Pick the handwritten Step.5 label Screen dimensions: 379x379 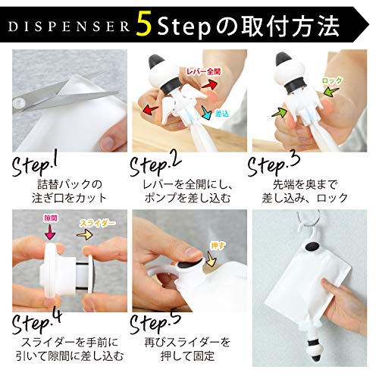tap(155, 322)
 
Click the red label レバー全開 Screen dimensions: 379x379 tap(203, 72)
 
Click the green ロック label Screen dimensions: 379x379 tap(332, 81)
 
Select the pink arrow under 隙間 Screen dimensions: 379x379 tap(50, 232)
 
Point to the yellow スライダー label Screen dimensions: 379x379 tap(98, 223)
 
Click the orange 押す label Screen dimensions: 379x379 tap(217, 246)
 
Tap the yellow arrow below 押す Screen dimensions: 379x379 tap(211, 258)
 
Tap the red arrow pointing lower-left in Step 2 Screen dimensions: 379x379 tap(151, 110)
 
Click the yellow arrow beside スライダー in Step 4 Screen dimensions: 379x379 tap(85, 235)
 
